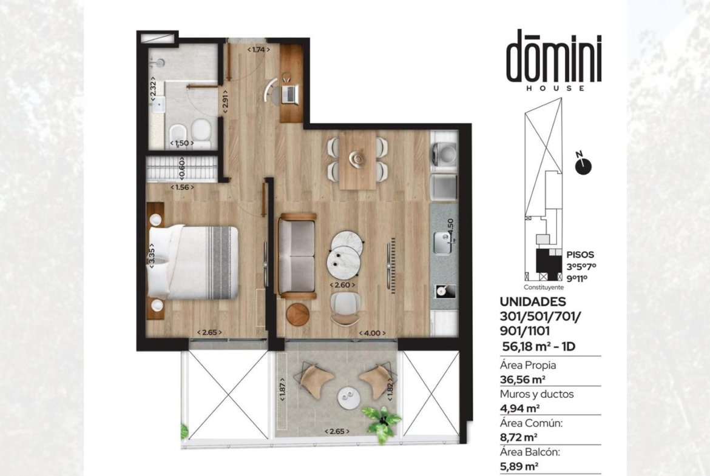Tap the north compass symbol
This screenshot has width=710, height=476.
point(583,166)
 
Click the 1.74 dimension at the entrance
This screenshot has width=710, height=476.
point(259,49)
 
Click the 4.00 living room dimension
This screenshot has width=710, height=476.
point(372,334)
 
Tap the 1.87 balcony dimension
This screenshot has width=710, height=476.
point(283,389)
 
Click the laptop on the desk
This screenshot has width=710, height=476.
point(289,93)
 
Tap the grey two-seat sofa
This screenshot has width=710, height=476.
point(297,256)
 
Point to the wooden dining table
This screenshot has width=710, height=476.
point(357,159)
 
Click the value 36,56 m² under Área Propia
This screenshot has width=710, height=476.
point(522,379)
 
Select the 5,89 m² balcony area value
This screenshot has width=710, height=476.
point(519,466)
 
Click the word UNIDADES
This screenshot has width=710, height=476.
point(533,301)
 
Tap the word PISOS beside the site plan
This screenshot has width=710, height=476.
point(580,255)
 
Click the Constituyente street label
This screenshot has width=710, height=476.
point(544,287)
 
